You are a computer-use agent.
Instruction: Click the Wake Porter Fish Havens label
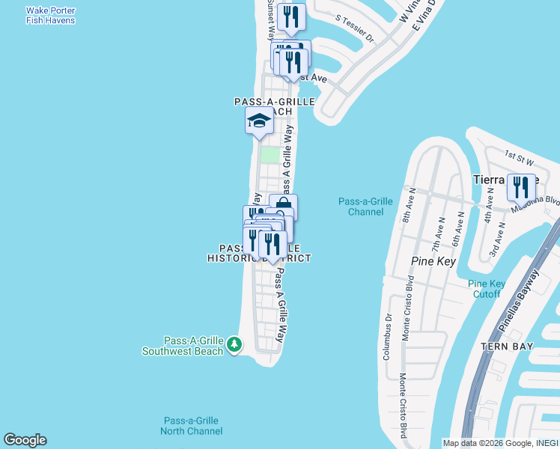tap(50, 16)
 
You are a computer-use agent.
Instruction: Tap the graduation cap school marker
tap(259, 120)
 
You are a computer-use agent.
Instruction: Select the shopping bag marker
tap(283, 207)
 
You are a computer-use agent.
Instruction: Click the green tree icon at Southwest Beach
tap(235, 344)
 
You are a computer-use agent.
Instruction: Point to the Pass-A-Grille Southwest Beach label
tap(183, 346)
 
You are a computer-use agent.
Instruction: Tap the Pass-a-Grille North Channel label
tap(191, 426)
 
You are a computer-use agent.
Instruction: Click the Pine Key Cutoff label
tap(487, 288)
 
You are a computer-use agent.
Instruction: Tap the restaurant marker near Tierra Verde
tap(520, 187)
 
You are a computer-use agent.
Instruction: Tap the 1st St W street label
tap(517, 156)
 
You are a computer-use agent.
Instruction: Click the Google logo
tap(25, 440)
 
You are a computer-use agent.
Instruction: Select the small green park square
tap(269, 155)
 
